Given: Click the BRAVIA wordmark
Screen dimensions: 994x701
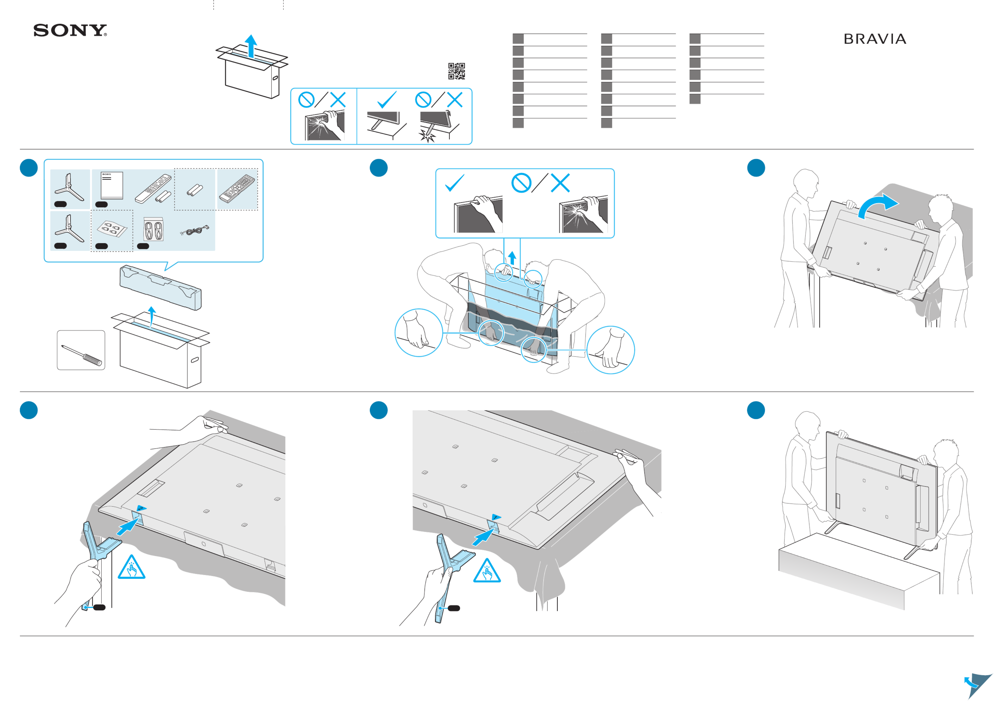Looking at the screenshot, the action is (875, 39).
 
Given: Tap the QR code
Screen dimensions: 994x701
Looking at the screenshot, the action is (456, 71).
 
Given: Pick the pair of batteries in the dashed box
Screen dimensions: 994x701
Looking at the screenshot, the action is (195, 189).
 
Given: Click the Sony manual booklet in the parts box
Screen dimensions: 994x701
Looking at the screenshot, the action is (112, 185).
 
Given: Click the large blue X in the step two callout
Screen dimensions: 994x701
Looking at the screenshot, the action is (560, 183).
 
